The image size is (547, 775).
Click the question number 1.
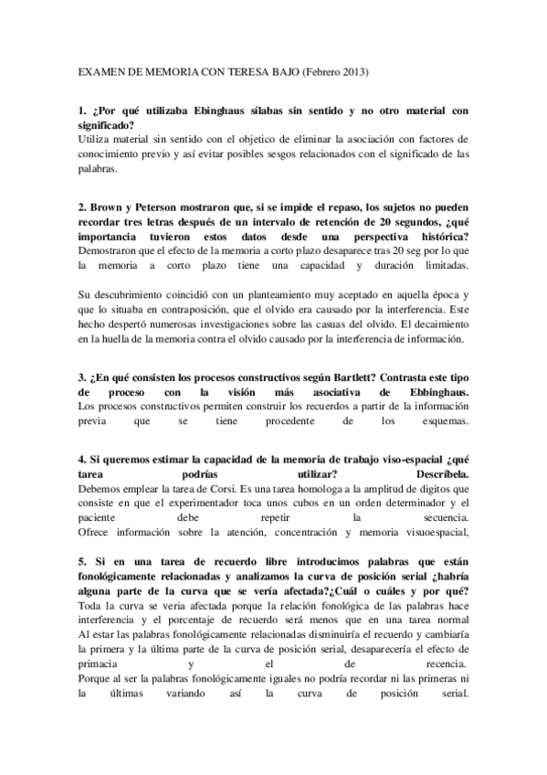pos(82,110)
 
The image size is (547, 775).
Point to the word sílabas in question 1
pos(265,110)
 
